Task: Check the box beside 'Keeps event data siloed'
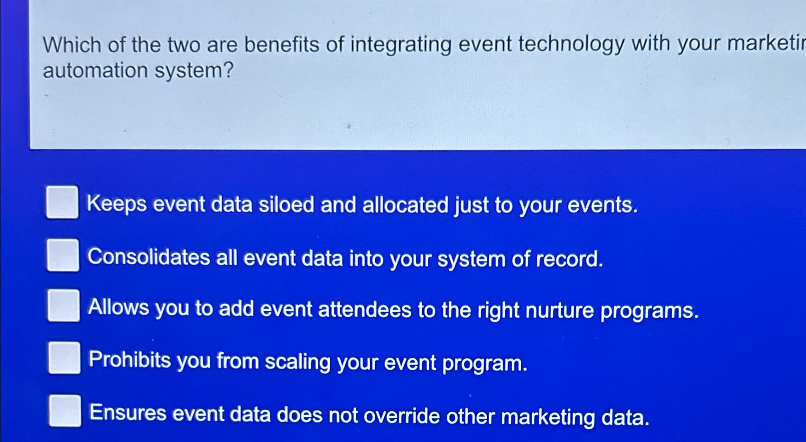coord(62,203)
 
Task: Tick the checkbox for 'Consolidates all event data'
coord(63,255)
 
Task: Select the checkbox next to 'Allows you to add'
coord(64,306)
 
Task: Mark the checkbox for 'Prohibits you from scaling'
coord(64,358)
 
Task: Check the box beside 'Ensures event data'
coord(65,411)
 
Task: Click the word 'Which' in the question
coord(72,46)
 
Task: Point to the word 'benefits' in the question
coord(282,45)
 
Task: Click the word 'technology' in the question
coord(571,44)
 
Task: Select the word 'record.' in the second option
coord(569,259)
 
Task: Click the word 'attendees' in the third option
coord(364,310)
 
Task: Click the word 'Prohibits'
coord(130,360)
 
